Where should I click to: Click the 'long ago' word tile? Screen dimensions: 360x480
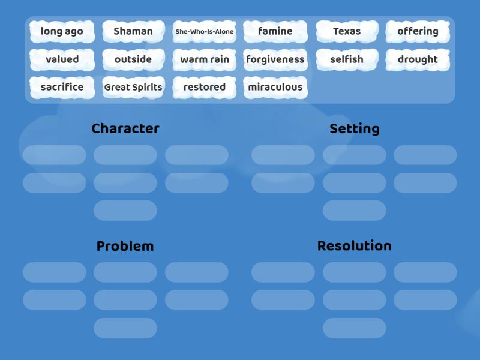pyautogui.click(x=62, y=31)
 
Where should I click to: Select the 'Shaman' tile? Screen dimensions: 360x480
pyautogui.click(x=133, y=31)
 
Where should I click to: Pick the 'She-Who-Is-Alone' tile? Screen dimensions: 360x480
pyautogui.click(x=205, y=31)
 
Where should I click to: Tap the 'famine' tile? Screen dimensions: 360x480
pyautogui.click(x=275, y=31)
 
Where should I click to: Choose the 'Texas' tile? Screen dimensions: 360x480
pyautogui.click(x=347, y=31)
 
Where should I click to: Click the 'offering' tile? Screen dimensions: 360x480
pyautogui.click(x=418, y=31)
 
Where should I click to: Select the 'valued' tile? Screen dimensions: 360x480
pyautogui.click(x=62, y=59)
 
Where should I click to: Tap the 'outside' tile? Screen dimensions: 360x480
pyautogui.click(x=133, y=59)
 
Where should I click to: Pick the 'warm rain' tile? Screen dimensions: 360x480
pyautogui.click(x=205, y=59)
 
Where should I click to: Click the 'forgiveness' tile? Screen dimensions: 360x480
pyautogui.click(x=275, y=59)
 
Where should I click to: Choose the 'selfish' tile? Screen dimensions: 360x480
pyautogui.click(x=347, y=59)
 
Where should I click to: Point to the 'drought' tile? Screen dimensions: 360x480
pyautogui.click(x=418, y=59)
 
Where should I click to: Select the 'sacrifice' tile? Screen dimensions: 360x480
pyautogui.click(x=62, y=87)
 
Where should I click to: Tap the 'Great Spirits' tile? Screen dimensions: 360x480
pyautogui.click(x=133, y=87)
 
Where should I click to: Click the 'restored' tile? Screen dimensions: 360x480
pyautogui.click(x=205, y=87)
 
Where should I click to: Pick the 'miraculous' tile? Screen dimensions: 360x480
pyautogui.click(x=275, y=87)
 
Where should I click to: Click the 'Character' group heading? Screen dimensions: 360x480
pyautogui.click(x=125, y=128)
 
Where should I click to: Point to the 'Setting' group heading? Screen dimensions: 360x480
pyautogui.click(x=355, y=128)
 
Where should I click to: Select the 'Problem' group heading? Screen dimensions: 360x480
pyautogui.click(x=125, y=246)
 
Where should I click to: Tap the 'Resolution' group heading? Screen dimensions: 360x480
pyautogui.click(x=355, y=246)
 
